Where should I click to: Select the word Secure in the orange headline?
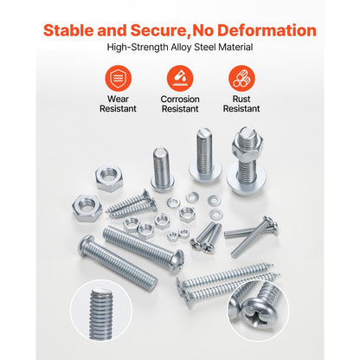coord(159,30)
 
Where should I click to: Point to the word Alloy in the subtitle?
coord(181,47)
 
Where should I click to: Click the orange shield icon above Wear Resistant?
coord(119,78)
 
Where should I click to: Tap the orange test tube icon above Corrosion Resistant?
coord(180,78)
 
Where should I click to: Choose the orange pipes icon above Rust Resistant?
coord(241,78)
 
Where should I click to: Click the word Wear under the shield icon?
coord(118,99)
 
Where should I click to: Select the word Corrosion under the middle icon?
coord(180,99)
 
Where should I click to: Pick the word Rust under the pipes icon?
coord(241,99)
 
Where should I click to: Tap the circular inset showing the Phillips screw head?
coord(258,311)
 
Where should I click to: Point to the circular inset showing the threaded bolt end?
coord(101,311)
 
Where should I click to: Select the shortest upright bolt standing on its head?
coord(163,170)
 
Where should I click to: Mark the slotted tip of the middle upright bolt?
coord(204,133)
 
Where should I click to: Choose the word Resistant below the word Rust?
coord(241,109)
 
